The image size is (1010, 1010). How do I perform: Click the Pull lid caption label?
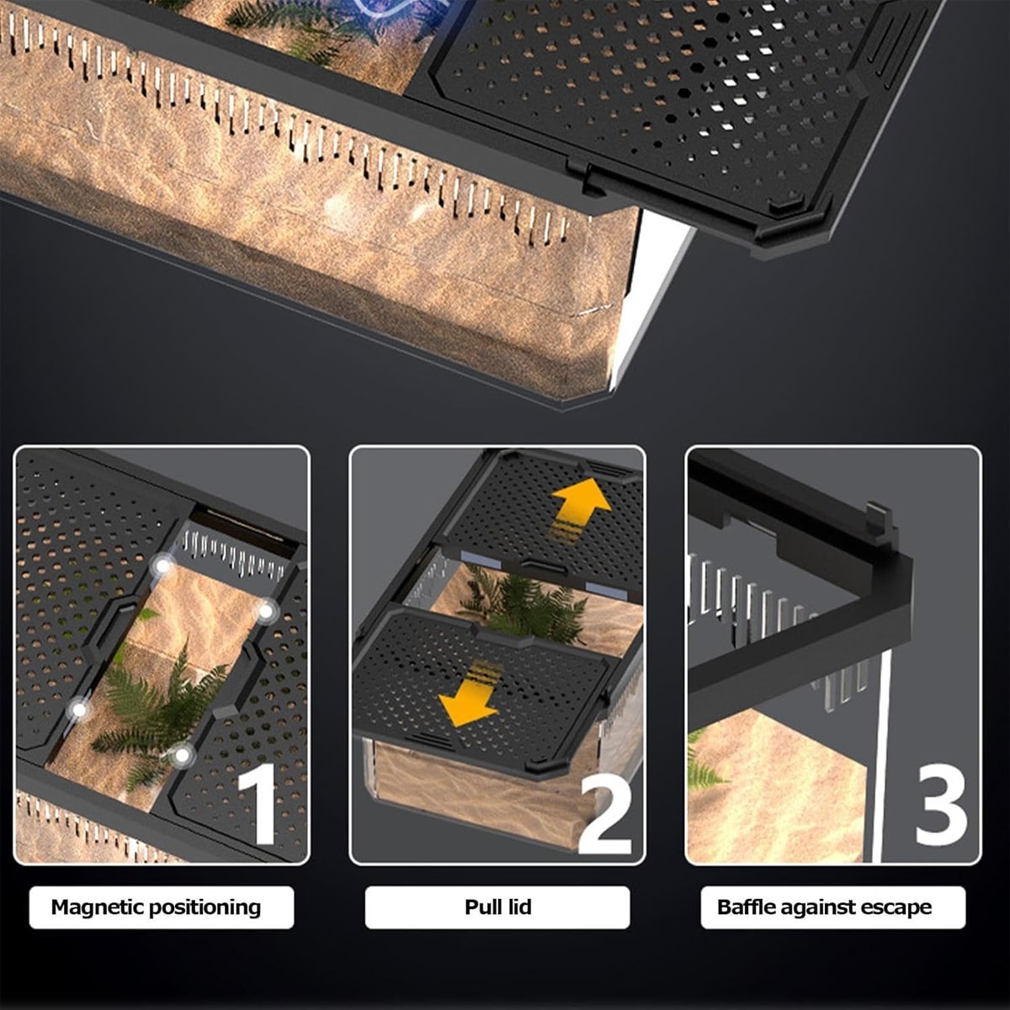coord(498,907)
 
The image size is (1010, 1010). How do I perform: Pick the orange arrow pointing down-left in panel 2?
coord(468,695)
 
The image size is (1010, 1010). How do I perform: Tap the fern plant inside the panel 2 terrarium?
coord(519,603)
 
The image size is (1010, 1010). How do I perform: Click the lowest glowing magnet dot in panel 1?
coord(182,755)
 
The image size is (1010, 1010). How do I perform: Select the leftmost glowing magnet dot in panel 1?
coord(79,710)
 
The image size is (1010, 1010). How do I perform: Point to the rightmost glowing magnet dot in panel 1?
coord(266,611)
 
